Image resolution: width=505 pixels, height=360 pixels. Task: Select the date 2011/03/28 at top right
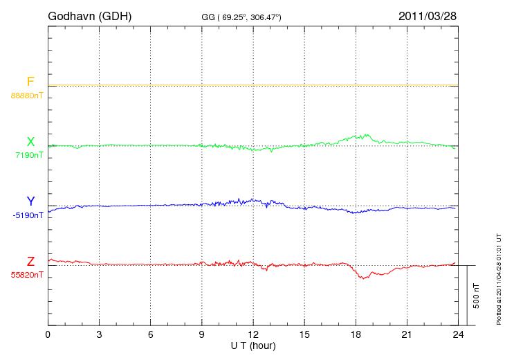[x=428, y=15]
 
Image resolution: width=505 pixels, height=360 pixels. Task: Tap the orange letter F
[x=30, y=82]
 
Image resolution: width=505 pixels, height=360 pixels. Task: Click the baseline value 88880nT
[x=27, y=96]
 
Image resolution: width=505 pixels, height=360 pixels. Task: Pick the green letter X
[x=30, y=142]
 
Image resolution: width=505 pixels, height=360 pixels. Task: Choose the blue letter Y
[x=30, y=202]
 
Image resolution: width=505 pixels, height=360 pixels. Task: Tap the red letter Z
[x=30, y=262]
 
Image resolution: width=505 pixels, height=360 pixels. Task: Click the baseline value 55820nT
[x=27, y=275]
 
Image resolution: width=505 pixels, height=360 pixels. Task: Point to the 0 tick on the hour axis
[x=48, y=334]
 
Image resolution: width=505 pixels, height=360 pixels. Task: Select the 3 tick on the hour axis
[x=100, y=334]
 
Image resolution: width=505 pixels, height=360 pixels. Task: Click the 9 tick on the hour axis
[x=202, y=334]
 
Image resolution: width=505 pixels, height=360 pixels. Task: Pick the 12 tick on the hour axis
[x=253, y=334]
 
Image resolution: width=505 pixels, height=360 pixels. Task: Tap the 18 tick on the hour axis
[x=356, y=334]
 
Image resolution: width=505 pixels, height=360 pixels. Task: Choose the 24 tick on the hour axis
[x=458, y=334]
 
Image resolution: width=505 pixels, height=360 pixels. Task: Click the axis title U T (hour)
[x=253, y=345]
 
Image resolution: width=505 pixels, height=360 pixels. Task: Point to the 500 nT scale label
[x=477, y=295]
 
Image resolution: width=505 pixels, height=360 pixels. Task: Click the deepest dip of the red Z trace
[x=362, y=278]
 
